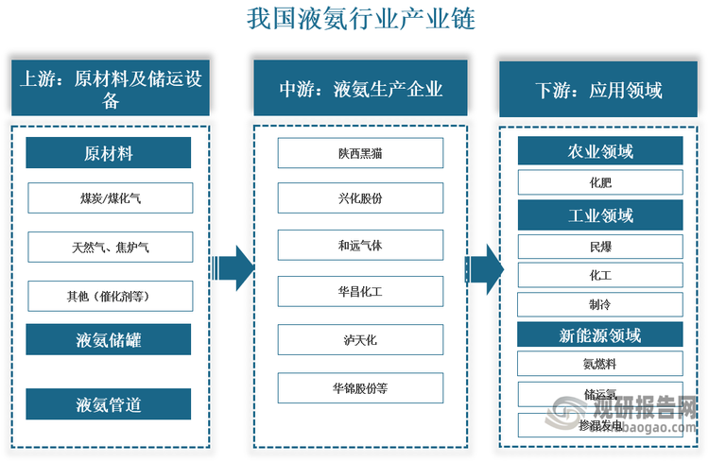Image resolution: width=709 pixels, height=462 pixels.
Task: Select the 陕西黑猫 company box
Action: click(x=360, y=153)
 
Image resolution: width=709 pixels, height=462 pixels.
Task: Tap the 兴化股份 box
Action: click(x=360, y=198)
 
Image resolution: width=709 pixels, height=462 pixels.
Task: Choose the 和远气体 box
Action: click(x=360, y=245)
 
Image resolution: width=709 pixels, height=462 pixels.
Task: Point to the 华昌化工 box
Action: click(x=360, y=291)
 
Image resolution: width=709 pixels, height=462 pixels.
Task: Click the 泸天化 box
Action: click(x=360, y=337)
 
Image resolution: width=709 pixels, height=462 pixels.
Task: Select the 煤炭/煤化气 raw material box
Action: click(x=111, y=198)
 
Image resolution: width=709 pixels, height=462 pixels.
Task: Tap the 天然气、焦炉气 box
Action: click(x=111, y=248)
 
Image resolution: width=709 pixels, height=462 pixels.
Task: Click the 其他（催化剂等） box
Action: click(x=111, y=297)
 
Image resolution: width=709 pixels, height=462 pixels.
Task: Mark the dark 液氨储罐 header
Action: click(x=108, y=339)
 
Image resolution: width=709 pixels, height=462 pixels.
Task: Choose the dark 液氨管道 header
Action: click(x=108, y=404)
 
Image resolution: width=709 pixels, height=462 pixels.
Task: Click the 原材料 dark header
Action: click(x=108, y=153)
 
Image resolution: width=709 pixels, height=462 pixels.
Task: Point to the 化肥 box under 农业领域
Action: click(x=600, y=181)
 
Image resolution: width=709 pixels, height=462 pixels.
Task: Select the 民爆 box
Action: click(x=600, y=248)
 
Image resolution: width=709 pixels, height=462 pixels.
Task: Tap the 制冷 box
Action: click(x=600, y=304)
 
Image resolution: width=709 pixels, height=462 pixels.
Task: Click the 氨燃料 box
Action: click(x=600, y=363)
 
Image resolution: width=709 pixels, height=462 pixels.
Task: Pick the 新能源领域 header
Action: click(x=600, y=335)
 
